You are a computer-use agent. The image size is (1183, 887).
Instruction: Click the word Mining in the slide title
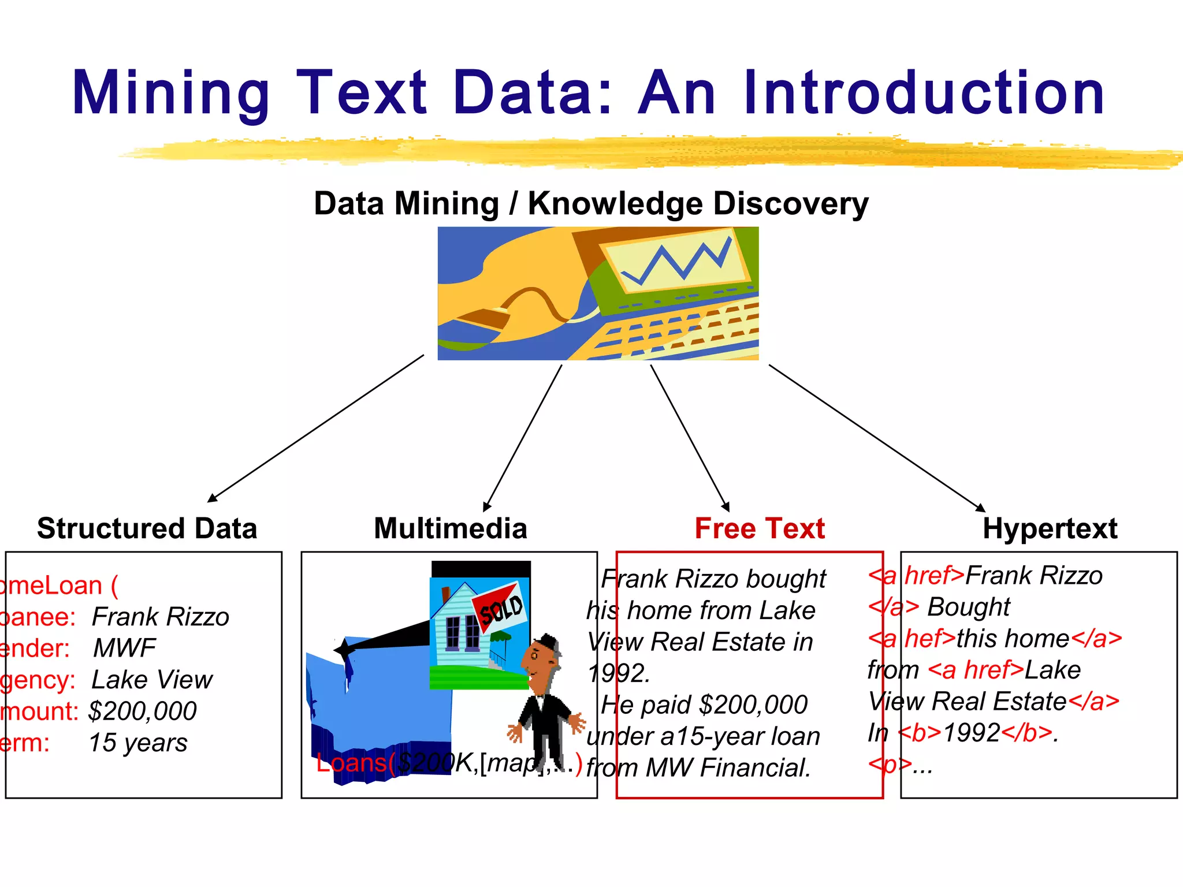click(x=171, y=94)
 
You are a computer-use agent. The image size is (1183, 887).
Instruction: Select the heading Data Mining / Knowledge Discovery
click(x=591, y=204)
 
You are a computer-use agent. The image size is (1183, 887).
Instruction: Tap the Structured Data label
click(x=147, y=528)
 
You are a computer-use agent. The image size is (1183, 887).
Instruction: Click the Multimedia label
click(x=451, y=528)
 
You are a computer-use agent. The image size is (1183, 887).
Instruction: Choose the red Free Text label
click(x=760, y=528)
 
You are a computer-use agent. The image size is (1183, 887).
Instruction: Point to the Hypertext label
click(x=1050, y=528)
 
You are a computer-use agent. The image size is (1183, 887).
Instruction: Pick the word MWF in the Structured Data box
click(x=124, y=649)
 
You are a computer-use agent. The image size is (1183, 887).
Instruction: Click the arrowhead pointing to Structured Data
click(x=212, y=498)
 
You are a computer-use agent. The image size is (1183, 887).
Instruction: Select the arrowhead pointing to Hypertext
click(x=980, y=508)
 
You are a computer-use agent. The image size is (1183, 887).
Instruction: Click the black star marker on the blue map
click(x=344, y=650)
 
